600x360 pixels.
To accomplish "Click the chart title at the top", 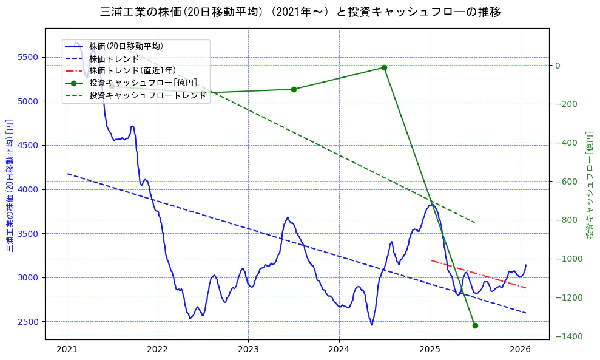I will [x=300, y=12].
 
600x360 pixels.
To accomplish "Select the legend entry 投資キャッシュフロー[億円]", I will [x=143, y=83].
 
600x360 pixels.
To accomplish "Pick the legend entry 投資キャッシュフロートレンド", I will [x=147, y=95].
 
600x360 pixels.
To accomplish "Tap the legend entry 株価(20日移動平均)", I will [x=126, y=46].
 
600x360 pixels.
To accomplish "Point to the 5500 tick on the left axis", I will [x=28, y=58].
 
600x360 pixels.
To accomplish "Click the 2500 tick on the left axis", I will [x=28, y=322].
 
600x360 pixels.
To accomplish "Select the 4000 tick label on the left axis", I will [x=28, y=189].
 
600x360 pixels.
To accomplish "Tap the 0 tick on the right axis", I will [x=558, y=66].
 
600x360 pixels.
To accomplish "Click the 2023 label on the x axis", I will [x=248, y=349].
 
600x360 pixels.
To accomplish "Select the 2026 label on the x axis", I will [x=521, y=349].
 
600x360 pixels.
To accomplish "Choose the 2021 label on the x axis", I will [x=67, y=349].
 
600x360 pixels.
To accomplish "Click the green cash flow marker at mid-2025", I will [x=475, y=325].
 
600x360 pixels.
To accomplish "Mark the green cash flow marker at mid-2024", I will [x=384, y=67].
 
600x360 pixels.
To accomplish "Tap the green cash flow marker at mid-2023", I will [x=294, y=89].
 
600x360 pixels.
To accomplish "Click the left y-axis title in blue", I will [x=10, y=185].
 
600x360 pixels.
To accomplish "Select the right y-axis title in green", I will [x=589, y=185].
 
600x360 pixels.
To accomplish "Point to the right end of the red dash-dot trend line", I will [x=525, y=288].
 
